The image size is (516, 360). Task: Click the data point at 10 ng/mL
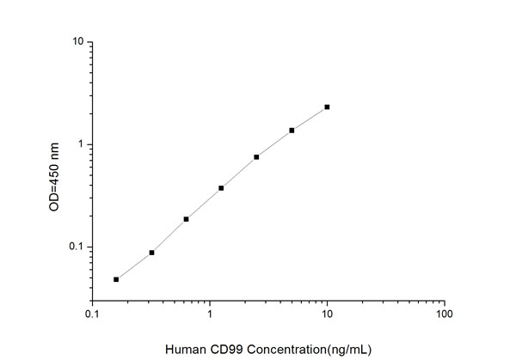pyautogui.click(x=327, y=107)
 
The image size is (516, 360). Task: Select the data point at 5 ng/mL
pyautogui.click(x=292, y=131)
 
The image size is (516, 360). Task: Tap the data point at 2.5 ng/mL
pyautogui.click(x=256, y=157)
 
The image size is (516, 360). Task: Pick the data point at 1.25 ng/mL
pyautogui.click(x=221, y=188)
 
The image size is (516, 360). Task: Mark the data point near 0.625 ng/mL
pyautogui.click(x=186, y=219)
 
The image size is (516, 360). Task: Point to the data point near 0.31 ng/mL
pyautogui.click(x=151, y=253)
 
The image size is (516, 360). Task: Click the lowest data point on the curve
pyautogui.click(x=116, y=279)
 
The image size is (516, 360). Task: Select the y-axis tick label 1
pyautogui.click(x=80, y=144)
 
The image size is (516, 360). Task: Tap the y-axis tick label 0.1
pyautogui.click(x=76, y=247)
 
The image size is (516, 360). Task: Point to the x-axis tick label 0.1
pyautogui.click(x=93, y=314)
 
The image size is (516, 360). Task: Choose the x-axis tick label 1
pyautogui.click(x=210, y=314)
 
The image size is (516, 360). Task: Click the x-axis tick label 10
pyautogui.click(x=327, y=314)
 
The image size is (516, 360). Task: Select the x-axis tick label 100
pyautogui.click(x=444, y=314)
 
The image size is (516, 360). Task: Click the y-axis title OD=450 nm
pyautogui.click(x=54, y=178)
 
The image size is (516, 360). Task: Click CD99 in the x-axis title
pyautogui.click(x=218, y=348)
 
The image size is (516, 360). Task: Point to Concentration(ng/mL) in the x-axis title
pyautogui.click(x=298, y=348)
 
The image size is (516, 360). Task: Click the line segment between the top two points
pyautogui.click(x=310, y=119)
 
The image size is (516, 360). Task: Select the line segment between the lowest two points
pyautogui.click(x=133, y=266)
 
